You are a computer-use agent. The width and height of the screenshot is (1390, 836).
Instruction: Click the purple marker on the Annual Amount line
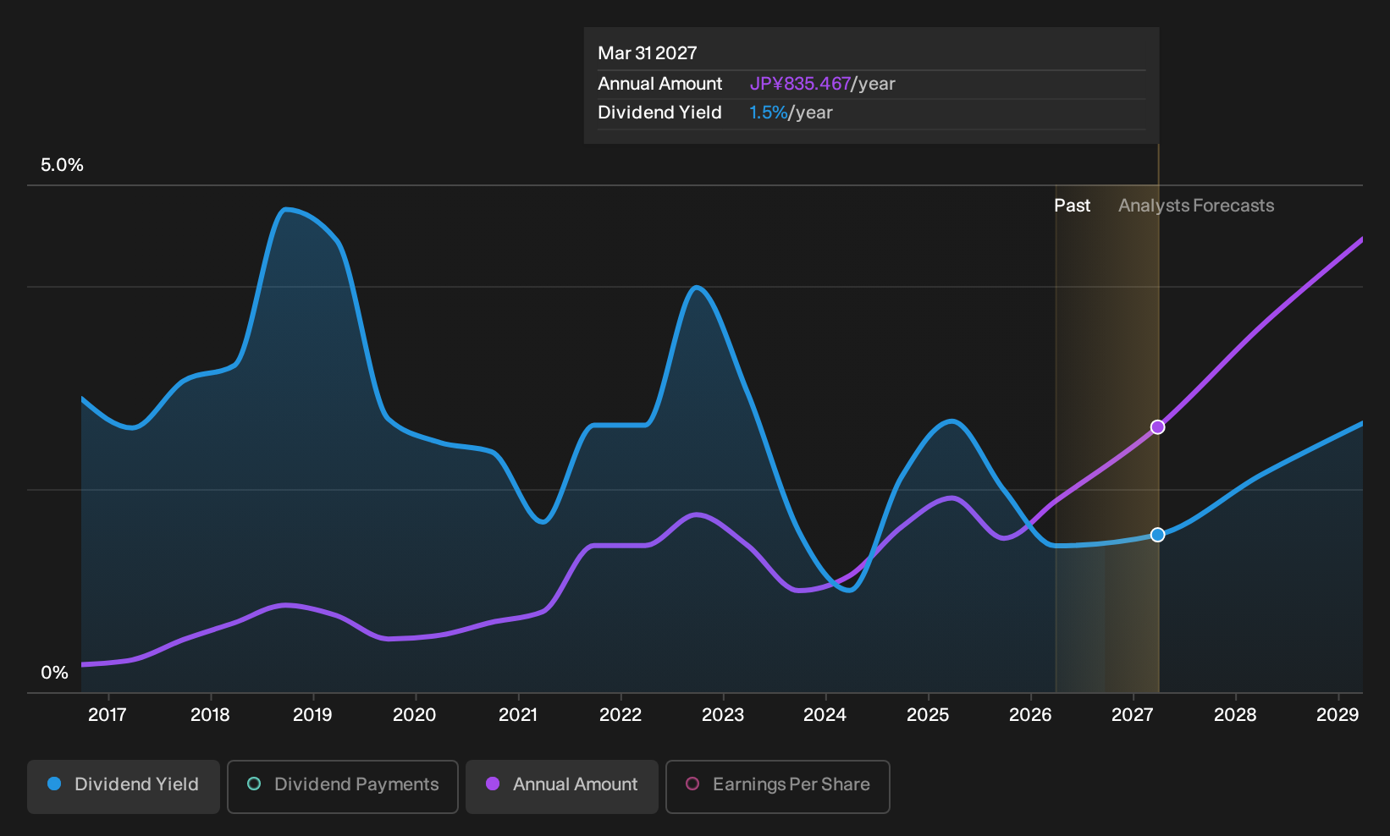click(x=1157, y=427)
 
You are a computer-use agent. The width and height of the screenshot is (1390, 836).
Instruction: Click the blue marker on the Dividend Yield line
click(x=1157, y=535)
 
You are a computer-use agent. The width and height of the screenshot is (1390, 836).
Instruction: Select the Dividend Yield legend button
click(x=124, y=786)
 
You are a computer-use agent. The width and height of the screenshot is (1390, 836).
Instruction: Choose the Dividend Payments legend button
click(x=343, y=786)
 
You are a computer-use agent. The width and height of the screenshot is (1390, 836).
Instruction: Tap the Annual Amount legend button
click(x=561, y=786)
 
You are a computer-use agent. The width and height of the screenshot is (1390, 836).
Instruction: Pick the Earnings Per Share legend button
click(x=777, y=786)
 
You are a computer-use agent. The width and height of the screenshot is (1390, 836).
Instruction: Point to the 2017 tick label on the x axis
click(x=108, y=715)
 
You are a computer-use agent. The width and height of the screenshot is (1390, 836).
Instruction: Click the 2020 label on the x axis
click(x=415, y=715)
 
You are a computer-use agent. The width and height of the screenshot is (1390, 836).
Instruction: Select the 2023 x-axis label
click(x=723, y=715)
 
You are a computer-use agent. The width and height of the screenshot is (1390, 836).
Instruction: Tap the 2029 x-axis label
click(x=1338, y=715)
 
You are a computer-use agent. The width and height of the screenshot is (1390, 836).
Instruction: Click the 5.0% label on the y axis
click(x=62, y=165)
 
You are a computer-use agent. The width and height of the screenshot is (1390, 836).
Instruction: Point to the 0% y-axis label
click(x=55, y=673)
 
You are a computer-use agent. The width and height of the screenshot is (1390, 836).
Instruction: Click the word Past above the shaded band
click(x=1073, y=206)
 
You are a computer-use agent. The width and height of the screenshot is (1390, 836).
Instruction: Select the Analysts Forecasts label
click(x=1196, y=206)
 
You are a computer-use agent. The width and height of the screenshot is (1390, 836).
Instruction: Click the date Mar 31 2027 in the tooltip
click(x=648, y=53)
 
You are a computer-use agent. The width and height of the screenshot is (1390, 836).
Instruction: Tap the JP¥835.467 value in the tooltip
click(x=800, y=84)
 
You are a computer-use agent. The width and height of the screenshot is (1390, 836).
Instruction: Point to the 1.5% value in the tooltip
click(x=768, y=113)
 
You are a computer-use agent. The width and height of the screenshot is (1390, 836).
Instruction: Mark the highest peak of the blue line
click(x=284, y=210)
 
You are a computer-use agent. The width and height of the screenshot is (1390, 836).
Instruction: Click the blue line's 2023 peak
click(x=697, y=287)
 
